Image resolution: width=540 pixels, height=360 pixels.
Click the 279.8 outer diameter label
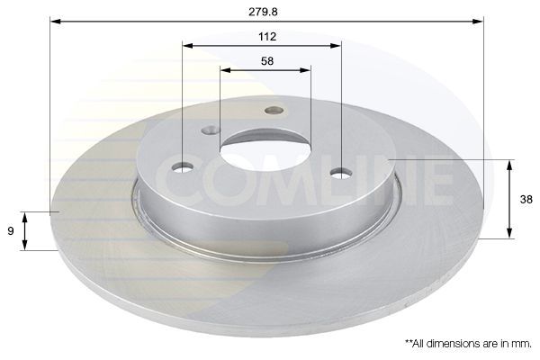[263, 12]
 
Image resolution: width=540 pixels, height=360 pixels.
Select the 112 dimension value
[267, 37]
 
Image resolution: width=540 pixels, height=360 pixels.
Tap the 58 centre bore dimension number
[267, 61]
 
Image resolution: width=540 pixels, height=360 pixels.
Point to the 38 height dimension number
[526, 199]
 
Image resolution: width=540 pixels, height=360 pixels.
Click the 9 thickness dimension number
[11, 230]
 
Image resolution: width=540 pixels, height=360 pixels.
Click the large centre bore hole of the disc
[265, 152]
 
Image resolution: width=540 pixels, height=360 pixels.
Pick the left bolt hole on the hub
[183, 167]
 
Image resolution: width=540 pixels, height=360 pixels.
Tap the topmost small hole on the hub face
[274, 110]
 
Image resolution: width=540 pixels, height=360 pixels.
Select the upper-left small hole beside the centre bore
[211, 130]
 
